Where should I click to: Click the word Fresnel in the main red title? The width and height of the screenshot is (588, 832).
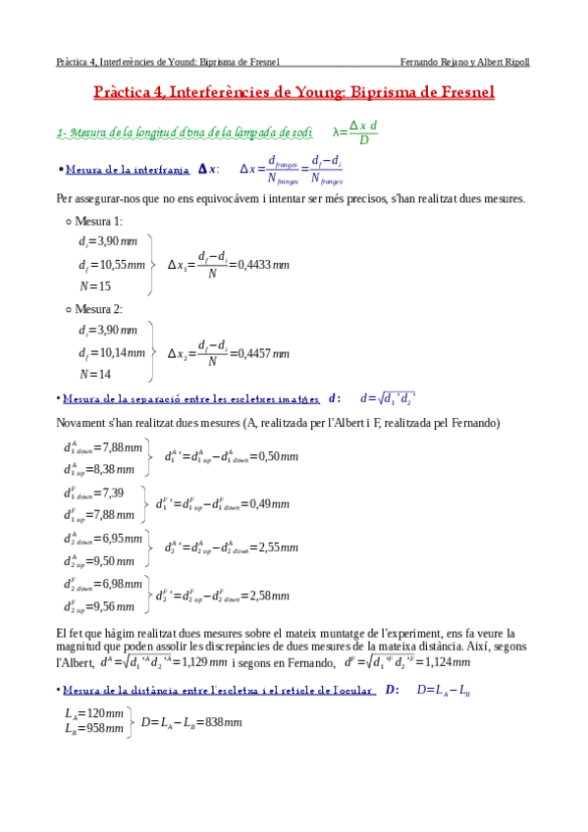click(461, 93)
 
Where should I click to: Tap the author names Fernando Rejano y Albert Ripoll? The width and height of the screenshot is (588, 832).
click(472, 61)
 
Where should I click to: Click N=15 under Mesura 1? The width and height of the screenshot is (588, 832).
click(95, 286)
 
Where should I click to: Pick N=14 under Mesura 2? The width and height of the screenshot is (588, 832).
click(95, 374)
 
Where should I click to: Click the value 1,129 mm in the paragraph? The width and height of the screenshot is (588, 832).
click(202, 661)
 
